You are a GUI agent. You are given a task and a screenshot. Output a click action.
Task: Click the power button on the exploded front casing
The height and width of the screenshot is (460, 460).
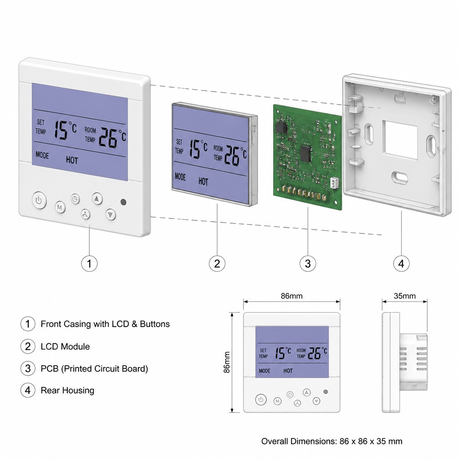pyautogui.click(x=39, y=200)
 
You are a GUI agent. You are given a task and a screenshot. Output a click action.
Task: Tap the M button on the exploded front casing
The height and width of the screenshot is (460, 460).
pyautogui.click(x=60, y=208)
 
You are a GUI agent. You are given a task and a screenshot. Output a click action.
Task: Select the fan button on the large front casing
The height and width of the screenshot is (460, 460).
pyautogui.click(x=85, y=214)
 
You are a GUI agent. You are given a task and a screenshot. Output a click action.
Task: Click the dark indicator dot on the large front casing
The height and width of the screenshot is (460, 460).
pyautogui.click(x=124, y=202)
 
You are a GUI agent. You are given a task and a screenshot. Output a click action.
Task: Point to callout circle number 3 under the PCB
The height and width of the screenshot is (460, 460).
pyautogui.click(x=308, y=263)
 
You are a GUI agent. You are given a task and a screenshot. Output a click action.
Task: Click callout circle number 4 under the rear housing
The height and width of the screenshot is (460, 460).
pyautogui.click(x=401, y=263)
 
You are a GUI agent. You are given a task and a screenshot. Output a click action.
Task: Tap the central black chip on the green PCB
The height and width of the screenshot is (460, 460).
pyautogui.click(x=306, y=154)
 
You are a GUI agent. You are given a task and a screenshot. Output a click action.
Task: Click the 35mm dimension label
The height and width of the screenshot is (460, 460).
pyautogui.click(x=405, y=296)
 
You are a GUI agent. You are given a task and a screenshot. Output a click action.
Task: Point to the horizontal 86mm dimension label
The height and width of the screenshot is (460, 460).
pyautogui.click(x=292, y=296)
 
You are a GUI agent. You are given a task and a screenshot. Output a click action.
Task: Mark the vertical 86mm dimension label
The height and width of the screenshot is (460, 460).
pyautogui.click(x=226, y=363)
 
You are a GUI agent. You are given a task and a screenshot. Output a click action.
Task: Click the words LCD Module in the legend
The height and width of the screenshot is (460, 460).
pyautogui.click(x=65, y=346)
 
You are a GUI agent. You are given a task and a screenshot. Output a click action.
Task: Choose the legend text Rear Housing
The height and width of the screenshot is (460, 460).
pyautogui.click(x=67, y=390)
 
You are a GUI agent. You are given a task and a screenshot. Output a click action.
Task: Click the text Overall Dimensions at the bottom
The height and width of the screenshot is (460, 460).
pyautogui.click(x=299, y=441)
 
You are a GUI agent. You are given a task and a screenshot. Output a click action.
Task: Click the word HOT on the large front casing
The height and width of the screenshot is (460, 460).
pyautogui.click(x=72, y=160)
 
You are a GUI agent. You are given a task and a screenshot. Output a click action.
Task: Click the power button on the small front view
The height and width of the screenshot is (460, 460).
pyautogui.click(x=261, y=399)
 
